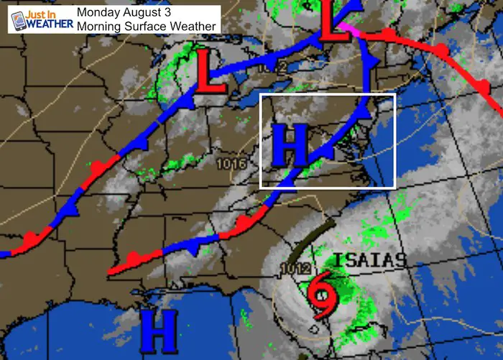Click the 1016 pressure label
[231, 165]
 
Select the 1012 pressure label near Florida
[295, 269]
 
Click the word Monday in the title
[100, 12]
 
